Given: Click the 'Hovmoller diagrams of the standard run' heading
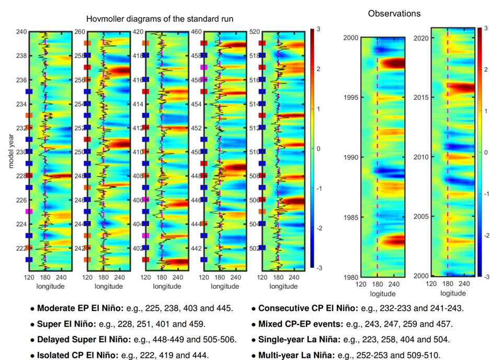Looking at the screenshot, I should click(159, 19).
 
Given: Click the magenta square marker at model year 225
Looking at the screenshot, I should click(29, 211).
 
